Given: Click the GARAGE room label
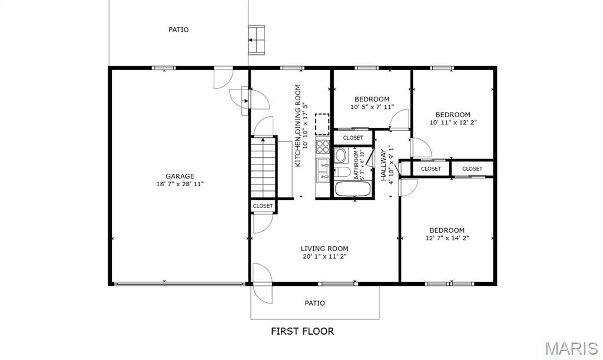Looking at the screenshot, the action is [x=180, y=177].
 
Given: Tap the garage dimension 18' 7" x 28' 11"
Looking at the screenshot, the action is [x=180, y=184].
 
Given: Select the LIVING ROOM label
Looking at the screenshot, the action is [x=324, y=249].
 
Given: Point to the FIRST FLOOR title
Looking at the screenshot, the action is [x=302, y=331].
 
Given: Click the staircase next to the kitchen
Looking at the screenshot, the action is [x=263, y=168].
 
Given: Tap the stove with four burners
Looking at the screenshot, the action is [x=323, y=146].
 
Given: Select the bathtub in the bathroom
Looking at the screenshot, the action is [x=353, y=189].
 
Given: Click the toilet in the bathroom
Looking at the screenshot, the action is [x=340, y=172].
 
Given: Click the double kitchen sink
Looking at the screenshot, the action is [x=323, y=170].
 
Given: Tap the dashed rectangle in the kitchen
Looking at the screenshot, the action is [x=322, y=124].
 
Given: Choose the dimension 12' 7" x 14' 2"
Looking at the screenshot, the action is [x=447, y=238].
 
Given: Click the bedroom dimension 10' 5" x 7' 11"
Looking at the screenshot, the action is [x=372, y=107].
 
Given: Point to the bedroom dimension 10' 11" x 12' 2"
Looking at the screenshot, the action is [x=453, y=123].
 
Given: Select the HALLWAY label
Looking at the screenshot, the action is [x=383, y=165].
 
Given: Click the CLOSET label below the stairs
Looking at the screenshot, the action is [x=263, y=206].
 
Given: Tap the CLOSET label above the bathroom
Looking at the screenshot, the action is [x=353, y=138].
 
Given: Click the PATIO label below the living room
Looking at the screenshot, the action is [x=314, y=303].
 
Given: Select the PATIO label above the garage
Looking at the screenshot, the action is [x=178, y=29].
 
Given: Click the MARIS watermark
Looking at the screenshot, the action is [x=571, y=348].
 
